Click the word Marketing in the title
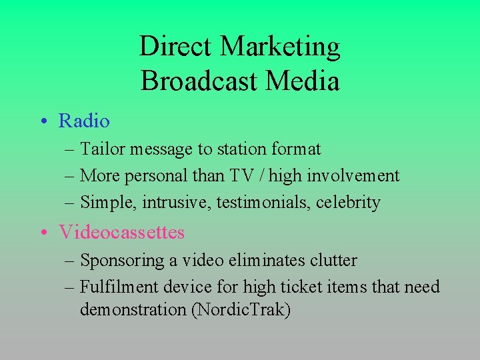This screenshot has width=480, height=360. [x=280, y=47]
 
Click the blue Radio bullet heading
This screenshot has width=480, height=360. [x=84, y=121]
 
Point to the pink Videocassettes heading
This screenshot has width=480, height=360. [x=121, y=232]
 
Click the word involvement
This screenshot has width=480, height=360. [x=360, y=176]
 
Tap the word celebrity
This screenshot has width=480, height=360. [x=348, y=203]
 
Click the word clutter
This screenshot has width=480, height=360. [x=333, y=261]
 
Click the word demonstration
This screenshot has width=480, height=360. [x=133, y=310]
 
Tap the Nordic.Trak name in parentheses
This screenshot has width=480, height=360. [x=241, y=310]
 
